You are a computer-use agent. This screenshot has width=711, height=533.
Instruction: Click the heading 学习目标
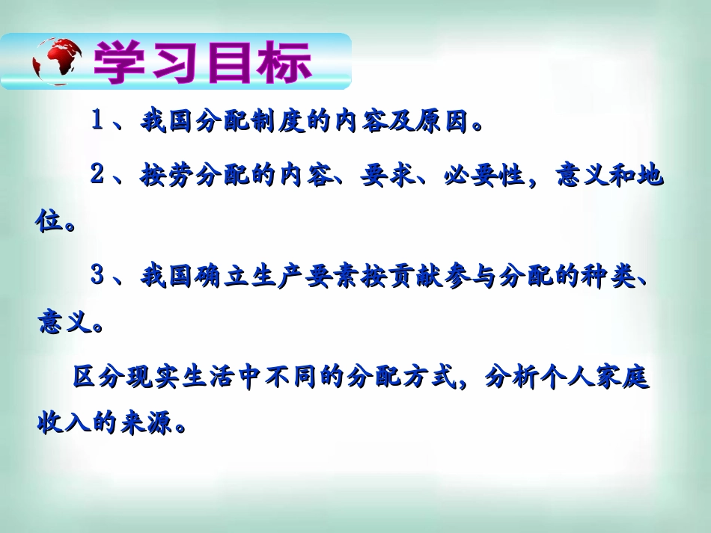[202, 62]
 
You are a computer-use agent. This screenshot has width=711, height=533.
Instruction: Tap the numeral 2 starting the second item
[97, 176]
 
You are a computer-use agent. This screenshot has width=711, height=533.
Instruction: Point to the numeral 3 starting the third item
[97, 276]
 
